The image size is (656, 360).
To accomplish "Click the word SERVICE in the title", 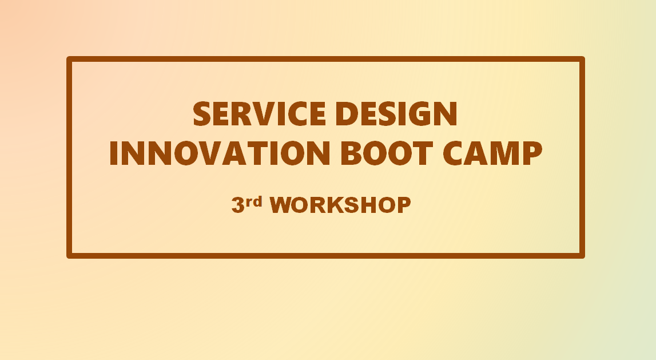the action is pos(260,113).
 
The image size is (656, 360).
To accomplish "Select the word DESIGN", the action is pos(396,113).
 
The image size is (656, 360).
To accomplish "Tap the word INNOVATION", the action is pos(220,153).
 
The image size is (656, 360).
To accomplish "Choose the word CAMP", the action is pos(493,153).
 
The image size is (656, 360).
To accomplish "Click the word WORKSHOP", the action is pos(340,205).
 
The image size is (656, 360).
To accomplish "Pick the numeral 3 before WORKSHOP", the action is pos(238,205).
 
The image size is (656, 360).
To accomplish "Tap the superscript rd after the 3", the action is pos(254,202).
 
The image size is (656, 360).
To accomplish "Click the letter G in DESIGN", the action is pos(419,113).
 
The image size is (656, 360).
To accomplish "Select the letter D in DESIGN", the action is pos(347,113).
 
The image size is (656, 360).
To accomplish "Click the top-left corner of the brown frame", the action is pos(67,57).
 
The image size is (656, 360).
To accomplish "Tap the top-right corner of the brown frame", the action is pos(584,57).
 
